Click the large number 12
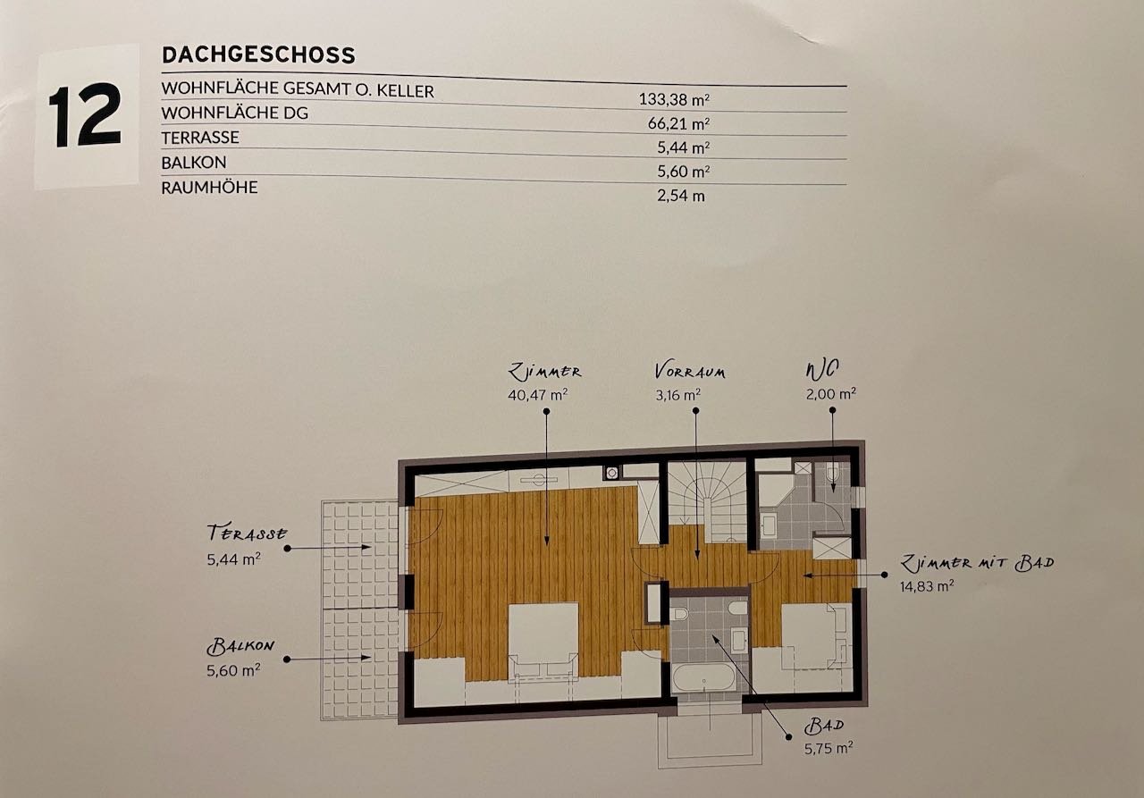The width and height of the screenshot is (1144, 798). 85,115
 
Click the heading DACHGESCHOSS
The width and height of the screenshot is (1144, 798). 258,55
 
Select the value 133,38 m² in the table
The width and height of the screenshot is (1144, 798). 674,99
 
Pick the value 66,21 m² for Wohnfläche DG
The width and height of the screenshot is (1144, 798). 678,123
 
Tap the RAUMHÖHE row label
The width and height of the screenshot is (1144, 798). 209,188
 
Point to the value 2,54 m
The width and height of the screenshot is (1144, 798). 681,196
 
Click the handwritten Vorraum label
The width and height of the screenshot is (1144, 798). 690,371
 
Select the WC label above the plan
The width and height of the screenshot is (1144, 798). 822,370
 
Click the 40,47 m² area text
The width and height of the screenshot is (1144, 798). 538,395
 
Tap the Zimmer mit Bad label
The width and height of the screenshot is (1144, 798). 977,563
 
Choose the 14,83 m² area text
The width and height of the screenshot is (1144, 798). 927,586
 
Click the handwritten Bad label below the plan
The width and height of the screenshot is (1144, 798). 823,726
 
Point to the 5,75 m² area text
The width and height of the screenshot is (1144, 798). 829,749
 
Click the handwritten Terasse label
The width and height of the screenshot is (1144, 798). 247,533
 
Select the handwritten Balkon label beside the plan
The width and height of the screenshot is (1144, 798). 240,646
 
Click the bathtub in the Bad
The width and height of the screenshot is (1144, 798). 703,677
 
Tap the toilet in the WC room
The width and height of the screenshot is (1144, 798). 832,473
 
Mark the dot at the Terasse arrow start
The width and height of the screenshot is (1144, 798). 287,549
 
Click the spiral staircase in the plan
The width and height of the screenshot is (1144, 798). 707,500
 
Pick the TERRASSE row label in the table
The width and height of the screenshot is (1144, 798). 200,138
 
